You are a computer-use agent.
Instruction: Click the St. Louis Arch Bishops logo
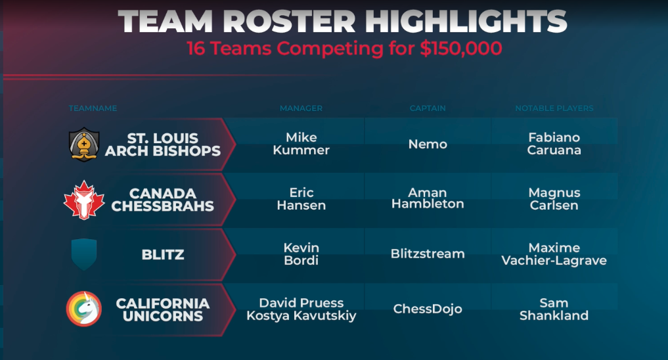click(84, 145)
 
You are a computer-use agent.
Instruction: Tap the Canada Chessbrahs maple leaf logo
click(84, 200)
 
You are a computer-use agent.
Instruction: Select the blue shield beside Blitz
click(84, 254)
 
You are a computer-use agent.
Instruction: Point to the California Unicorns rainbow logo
click(84, 309)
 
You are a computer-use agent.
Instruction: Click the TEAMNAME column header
click(93, 108)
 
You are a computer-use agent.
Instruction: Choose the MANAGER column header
click(301, 108)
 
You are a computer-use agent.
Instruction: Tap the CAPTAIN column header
click(428, 108)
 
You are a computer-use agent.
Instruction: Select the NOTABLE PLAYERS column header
click(554, 108)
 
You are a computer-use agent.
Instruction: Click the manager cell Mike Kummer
click(301, 144)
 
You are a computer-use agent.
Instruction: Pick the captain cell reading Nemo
click(428, 144)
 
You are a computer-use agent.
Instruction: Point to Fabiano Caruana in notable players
click(554, 144)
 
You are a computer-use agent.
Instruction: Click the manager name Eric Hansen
click(301, 199)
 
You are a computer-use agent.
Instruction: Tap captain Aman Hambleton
click(428, 198)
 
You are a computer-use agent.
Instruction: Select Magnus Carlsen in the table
click(554, 199)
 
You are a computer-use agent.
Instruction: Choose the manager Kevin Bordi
click(301, 254)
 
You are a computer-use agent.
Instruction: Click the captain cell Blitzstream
click(428, 254)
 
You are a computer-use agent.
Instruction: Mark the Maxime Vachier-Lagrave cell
click(554, 254)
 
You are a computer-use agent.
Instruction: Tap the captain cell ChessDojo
click(428, 309)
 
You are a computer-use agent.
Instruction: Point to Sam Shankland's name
click(554, 309)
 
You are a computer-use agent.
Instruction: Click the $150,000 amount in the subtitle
click(461, 48)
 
